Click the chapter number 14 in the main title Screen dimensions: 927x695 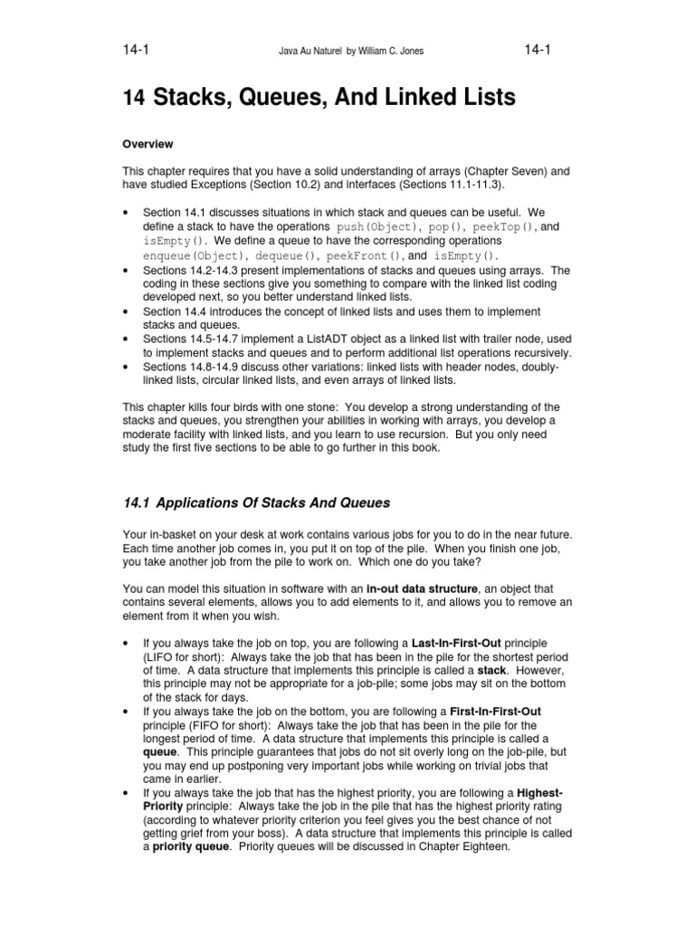[x=132, y=96]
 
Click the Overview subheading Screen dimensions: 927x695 [x=148, y=144]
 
